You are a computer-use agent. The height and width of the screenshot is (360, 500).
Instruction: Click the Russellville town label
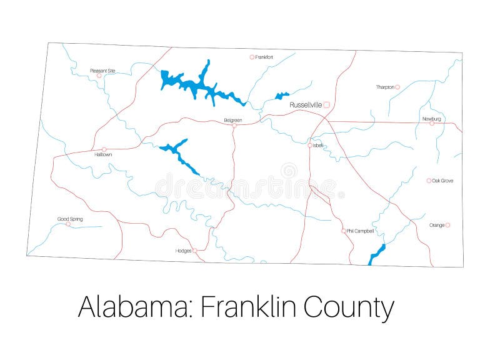point(306,105)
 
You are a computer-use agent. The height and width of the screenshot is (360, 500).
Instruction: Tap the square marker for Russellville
point(326,105)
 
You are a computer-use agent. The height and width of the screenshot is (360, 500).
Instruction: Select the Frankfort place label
point(264,57)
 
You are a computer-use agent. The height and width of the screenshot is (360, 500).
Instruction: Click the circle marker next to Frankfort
point(252,57)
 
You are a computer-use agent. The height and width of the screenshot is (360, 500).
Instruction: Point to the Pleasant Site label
point(102,71)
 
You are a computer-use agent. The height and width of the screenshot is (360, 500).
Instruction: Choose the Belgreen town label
point(232,120)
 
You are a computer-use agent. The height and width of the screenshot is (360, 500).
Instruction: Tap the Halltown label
point(103,154)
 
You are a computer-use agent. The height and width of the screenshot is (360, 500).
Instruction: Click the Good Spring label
point(70,219)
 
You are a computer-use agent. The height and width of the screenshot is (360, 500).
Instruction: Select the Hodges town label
point(183,251)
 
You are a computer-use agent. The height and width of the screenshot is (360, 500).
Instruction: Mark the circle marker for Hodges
point(194,251)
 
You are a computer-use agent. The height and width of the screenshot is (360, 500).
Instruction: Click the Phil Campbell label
point(361,231)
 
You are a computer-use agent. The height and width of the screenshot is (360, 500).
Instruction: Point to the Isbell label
point(318,145)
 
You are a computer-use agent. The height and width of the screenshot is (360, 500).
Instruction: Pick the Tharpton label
point(385,87)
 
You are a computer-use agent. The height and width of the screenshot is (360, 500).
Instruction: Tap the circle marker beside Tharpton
point(397,87)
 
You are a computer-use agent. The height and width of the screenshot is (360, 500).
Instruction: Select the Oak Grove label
point(443,181)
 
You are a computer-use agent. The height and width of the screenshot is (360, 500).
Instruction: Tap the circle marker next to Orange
point(447,225)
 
